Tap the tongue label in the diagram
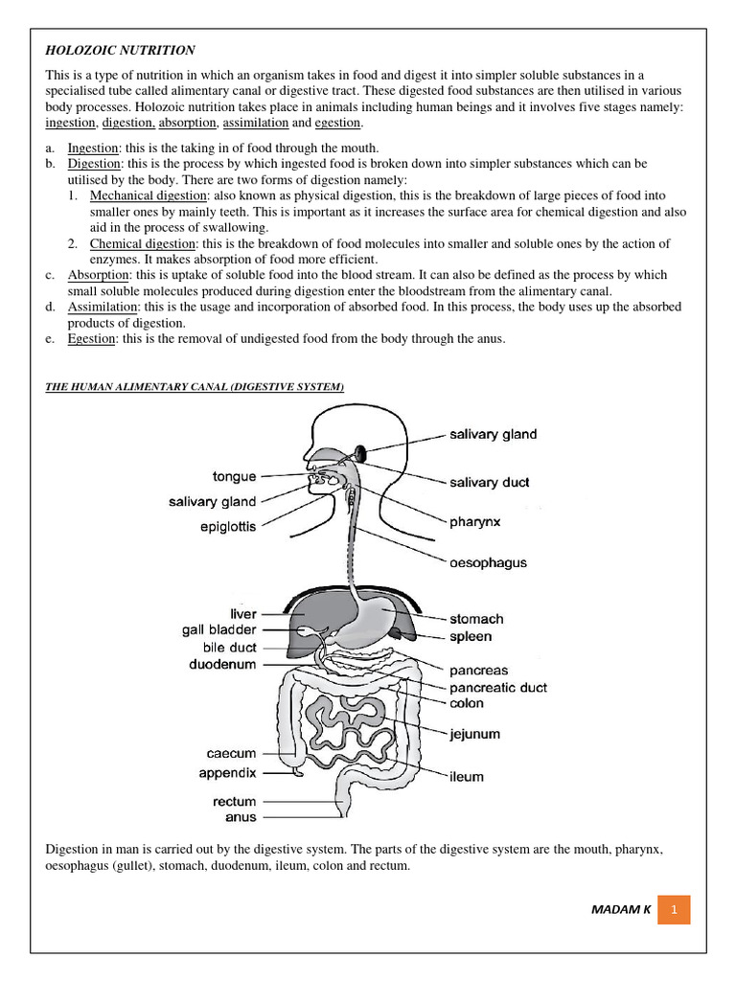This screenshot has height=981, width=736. pyautogui.click(x=234, y=476)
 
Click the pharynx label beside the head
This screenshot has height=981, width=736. pyautogui.click(x=475, y=522)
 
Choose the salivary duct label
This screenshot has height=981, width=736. pyautogui.click(x=489, y=483)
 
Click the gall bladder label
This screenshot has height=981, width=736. pyautogui.click(x=218, y=630)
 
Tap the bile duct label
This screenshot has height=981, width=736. pyautogui.click(x=229, y=648)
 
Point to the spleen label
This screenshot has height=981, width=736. pyautogui.click(x=471, y=636)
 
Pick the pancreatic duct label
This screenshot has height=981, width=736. pyautogui.click(x=498, y=687)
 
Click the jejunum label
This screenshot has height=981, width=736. pyautogui.click(x=475, y=735)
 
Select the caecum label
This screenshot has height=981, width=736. pyautogui.click(x=231, y=754)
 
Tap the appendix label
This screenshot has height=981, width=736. pyautogui.click(x=227, y=772)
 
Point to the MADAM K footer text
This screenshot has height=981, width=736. pyautogui.click(x=621, y=909)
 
